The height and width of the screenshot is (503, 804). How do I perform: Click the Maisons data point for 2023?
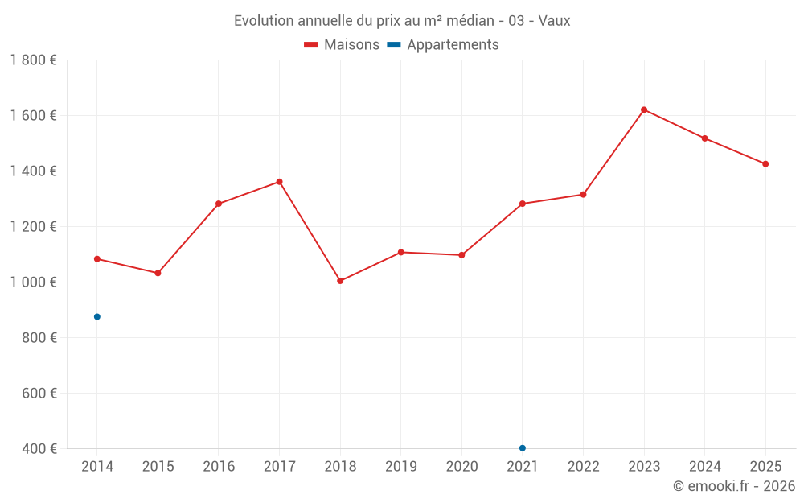point(644,109)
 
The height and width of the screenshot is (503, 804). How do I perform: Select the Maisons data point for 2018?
point(340,281)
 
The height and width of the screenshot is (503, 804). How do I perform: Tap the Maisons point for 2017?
point(279,182)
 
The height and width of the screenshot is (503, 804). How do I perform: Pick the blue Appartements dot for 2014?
point(97,316)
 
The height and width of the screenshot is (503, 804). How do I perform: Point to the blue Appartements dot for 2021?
point(523,448)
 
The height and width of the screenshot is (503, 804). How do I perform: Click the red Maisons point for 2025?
point(765,164)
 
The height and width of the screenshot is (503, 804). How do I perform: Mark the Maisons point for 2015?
point(158,273)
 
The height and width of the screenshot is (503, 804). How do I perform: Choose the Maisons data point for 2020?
point(461,255)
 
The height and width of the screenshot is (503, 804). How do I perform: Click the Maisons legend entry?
point(342,45)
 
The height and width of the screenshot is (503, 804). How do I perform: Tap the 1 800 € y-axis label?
point(34,60)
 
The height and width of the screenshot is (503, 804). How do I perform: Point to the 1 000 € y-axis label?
point(34,282)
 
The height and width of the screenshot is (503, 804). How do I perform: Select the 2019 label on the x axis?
point(400,467)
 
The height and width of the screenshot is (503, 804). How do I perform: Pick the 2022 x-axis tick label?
point(583,467)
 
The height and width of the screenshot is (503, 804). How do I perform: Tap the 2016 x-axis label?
point(219,467)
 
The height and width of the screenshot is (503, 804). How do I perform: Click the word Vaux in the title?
point(554,21)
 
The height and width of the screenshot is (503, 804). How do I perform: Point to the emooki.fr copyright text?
point(734,486)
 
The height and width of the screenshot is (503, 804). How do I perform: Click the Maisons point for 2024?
point(705,138)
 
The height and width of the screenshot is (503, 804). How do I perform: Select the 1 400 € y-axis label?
point(34,171)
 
